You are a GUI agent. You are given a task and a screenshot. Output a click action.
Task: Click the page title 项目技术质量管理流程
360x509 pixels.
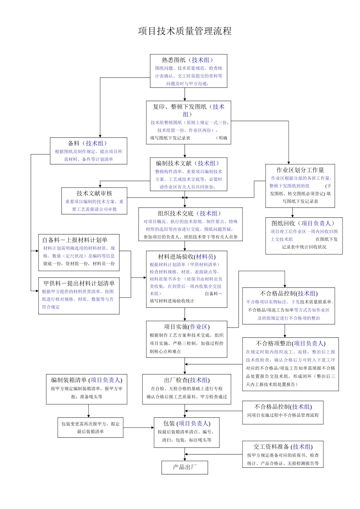coord(185,31)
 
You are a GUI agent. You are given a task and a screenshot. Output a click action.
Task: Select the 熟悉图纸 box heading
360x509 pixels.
coord(188,60)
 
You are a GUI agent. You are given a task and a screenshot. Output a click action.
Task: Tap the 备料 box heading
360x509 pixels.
coord(88,143)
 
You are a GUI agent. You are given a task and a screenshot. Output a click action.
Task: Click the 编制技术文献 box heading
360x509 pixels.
coord(188,163)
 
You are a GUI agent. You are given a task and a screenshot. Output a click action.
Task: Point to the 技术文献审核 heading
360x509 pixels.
coord(94,193)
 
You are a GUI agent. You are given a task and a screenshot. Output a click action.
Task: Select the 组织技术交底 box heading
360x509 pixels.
coord(190,213)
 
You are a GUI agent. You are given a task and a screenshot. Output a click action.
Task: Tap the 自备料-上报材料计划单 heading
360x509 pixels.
coord(75,240)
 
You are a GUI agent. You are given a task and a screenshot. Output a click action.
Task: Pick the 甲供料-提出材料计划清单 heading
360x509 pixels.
coord(79,283)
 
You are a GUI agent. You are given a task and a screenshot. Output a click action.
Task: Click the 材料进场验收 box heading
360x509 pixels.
coord(187,256)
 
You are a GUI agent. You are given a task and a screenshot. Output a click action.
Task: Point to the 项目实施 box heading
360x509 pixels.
coord(186,326)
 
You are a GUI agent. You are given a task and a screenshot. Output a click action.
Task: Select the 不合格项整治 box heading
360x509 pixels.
coord(290,343)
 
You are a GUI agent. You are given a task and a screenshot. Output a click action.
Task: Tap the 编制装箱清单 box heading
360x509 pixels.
coord(86,380)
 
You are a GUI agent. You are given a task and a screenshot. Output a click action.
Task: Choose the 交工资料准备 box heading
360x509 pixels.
coord(283,447)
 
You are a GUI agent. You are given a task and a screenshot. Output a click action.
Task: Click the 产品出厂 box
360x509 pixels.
coord(185,467)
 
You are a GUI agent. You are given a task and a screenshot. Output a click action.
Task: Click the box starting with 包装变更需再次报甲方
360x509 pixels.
coord(90,428)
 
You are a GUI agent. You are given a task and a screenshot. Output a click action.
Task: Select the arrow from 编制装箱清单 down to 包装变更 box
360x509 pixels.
coord(89,411)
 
